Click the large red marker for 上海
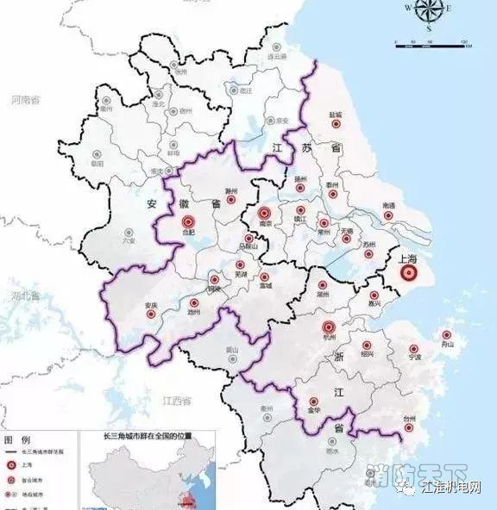409,274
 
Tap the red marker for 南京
265,215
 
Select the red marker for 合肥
188,222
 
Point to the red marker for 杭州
328,327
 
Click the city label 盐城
335,114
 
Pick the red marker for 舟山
446,335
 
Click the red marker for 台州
409,428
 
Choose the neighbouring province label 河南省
27,101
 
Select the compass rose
429,13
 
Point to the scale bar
430,43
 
